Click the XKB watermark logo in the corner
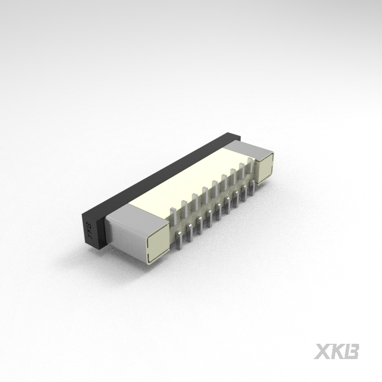(337, 351)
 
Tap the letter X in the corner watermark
(322, 351)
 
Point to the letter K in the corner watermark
(337, 351)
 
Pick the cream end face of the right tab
(266, 169)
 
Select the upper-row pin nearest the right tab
(249, 163)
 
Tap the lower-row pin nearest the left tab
(179, 239)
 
